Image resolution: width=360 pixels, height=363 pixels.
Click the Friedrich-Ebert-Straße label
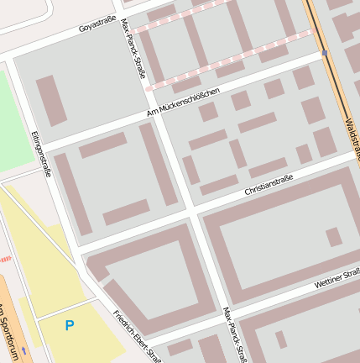click(138, 336)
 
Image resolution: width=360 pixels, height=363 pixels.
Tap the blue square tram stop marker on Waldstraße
click(325, 53)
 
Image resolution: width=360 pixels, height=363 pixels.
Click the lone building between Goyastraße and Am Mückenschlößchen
click(50, 101)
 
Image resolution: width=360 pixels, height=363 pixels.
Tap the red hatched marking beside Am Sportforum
click(5, 259)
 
